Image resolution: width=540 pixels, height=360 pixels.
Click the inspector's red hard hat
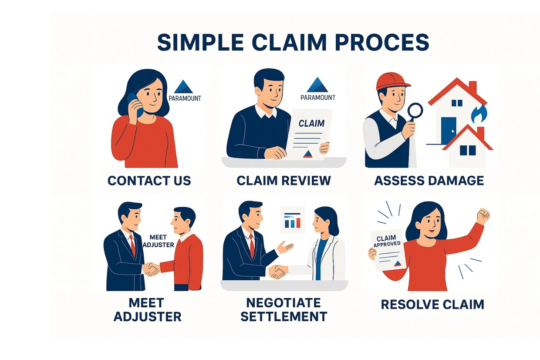[391, 81]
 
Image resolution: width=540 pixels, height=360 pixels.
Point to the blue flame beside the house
[481, 114]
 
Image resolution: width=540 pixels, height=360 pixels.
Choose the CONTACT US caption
[149, 181]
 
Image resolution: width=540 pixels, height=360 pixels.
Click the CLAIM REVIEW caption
[283, 181]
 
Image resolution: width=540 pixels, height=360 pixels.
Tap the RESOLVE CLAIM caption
[432, 304]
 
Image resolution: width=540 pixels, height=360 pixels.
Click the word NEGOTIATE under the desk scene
[283, 303]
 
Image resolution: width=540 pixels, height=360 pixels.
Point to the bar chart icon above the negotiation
[293, 220]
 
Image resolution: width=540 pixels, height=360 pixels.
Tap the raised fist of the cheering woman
[483, 215]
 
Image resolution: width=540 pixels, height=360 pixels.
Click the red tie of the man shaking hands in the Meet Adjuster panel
[132, 246]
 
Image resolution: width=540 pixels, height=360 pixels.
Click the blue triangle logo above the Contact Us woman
[183, 87]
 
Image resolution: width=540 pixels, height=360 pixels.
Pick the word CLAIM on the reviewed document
[311, 123]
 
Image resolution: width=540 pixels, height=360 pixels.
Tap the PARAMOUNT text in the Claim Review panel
[318, 98]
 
